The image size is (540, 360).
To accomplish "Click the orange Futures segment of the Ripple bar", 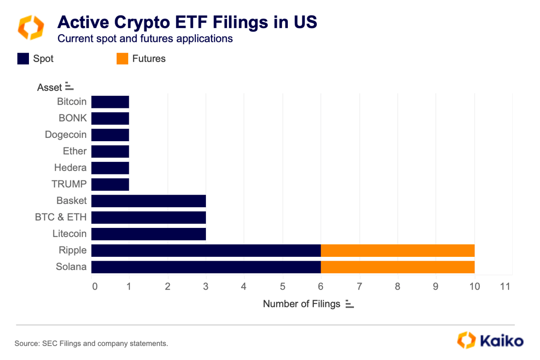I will pyautogui.click(x=397, y=251).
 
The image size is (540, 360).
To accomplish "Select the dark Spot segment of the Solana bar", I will pyautogui.click(x=206, y=267).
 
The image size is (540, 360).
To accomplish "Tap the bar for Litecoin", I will pyautogui.click(x=148, y=234).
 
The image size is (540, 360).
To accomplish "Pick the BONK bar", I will pyautogui.click(x=110, y=119).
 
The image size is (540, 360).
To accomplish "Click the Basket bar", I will pyautogui.click(x=148, y=201).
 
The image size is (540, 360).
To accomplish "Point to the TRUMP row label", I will pyautogui.click(x=69, y=184).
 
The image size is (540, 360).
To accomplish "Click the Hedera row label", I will pyautogui.click(x=70, y=168).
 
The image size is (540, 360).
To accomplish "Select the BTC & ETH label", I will pyautogui.click(x=61, y=217).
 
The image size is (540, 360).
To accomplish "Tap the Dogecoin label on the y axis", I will pyautogui.click(x=66, y=134).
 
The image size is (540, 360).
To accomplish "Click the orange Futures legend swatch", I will pyautogui.click(x=122, y=59).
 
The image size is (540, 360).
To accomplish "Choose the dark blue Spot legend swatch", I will pyautogui.click(x=23, y=59).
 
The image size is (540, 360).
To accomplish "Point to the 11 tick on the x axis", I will pyautogui.click(x=505, y=287).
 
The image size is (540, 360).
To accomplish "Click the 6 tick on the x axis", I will pyautogui.click(x=321, y=287).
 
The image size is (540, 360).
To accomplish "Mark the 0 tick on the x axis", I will pyautogui.click(x=94, y=287).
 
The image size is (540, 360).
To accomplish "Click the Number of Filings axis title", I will pyautogui.click(x=301, y=304).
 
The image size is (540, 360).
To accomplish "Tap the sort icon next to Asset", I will pyautogui.click(x=69, y=87).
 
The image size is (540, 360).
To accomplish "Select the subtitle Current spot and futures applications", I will pyautogui.click(x=145, y=39).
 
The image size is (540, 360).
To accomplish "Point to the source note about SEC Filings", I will pyautogui.click(x=91, y=344).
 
